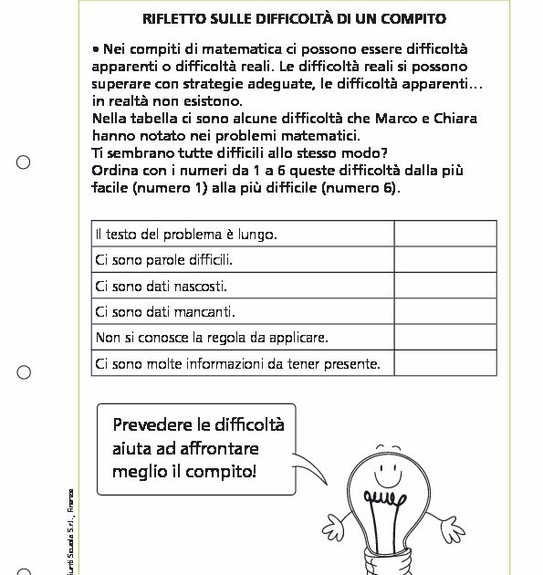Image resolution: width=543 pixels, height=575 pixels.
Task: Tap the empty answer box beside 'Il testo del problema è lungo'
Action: point(445,235)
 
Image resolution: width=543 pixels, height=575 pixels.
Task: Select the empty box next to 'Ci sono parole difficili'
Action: point(445,260)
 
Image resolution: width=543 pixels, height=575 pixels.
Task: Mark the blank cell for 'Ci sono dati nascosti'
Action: point(445,286)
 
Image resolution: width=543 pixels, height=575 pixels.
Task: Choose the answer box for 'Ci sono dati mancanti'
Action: point(445,311)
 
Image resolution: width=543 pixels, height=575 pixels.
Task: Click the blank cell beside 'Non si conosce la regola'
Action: point(445,337)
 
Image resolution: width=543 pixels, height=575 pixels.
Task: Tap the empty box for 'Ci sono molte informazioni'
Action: point(445,363)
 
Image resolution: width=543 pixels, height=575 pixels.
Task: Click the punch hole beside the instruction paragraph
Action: point(24,162)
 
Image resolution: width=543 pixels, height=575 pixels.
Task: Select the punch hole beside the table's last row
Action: point(24,371)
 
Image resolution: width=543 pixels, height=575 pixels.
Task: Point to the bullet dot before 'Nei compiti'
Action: point(96,47)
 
